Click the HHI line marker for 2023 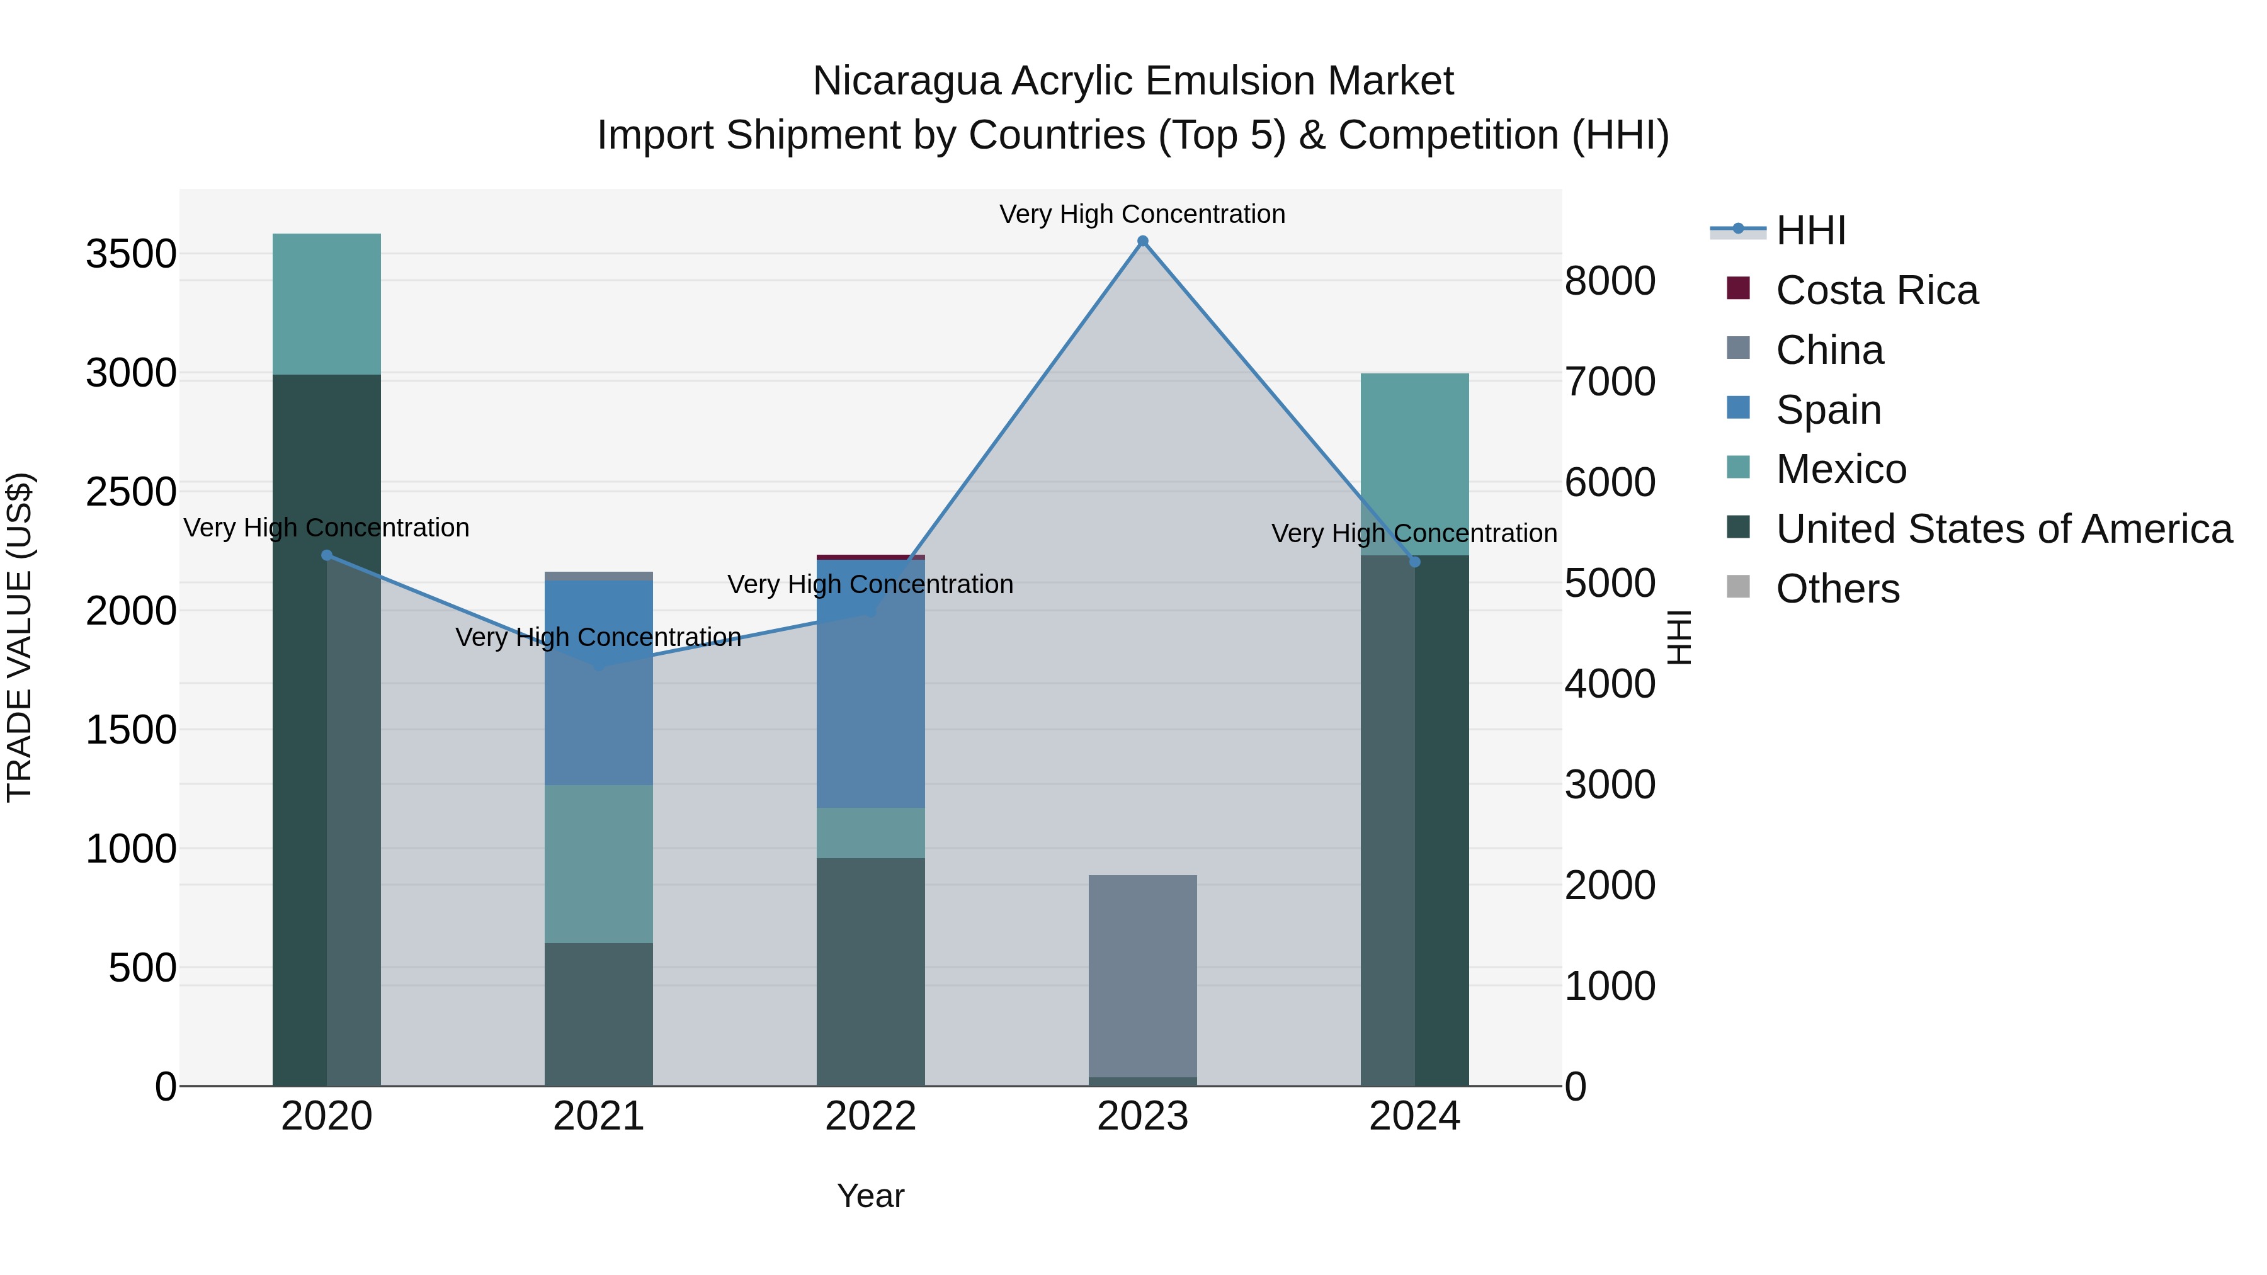click(x=1142, y=241)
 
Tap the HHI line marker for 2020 click(x=326, y=555)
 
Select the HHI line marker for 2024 click(x=1415, y=562)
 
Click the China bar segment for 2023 click(x=1142, y=976)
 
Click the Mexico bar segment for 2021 click(x=598, y=863)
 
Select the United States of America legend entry click(x=2003, y=529)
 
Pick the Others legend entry click(x=1837, y=589)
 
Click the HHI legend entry click(x=1809, y=230)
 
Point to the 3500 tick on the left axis click(x=131, y=254)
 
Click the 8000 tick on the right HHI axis click(x=1610, y=281)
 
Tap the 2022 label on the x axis click(x=870, y=1116)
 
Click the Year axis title click(x=870, y=1196)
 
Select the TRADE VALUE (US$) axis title click(x=20, y=637)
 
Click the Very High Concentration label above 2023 click(x=1142, y=214)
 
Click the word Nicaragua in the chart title click(x=906, y=81)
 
